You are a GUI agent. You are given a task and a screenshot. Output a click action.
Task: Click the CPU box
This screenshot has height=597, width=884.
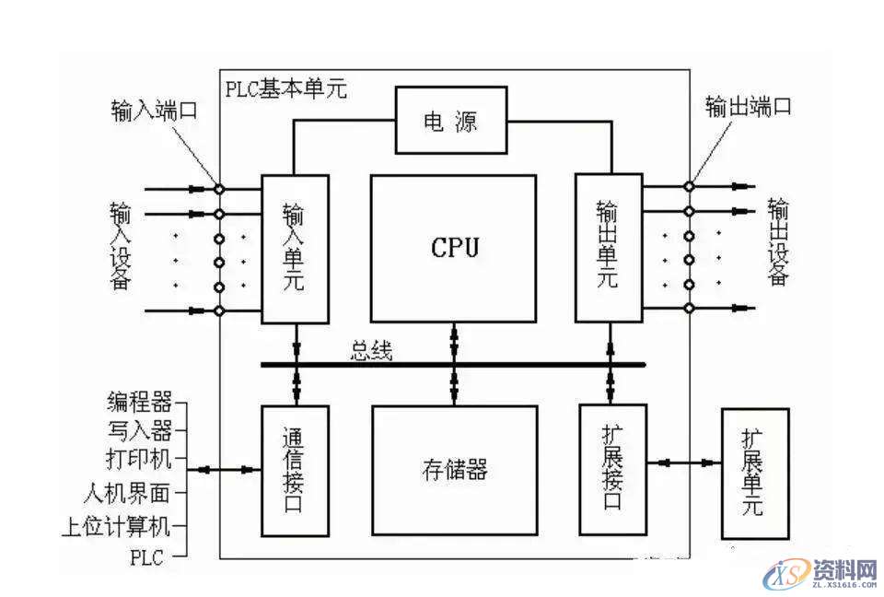(x=453, y=248)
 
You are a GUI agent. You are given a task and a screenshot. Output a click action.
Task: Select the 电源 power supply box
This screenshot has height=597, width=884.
(x=451, y=121)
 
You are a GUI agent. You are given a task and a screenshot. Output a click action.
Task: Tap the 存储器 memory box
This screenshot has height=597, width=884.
(x=453, y=470)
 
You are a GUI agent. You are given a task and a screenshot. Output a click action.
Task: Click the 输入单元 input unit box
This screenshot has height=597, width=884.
(x=295, y=248)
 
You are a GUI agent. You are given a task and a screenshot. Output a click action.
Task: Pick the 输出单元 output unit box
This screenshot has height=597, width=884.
(x=608, y=248)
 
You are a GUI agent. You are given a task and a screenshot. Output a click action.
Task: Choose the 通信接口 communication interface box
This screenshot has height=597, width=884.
(x=295, y=470)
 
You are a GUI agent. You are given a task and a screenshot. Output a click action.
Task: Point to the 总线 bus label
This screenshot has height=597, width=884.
(x=371, y=351)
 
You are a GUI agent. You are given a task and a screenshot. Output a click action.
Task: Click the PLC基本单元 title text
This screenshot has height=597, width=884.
(x=285, y=89)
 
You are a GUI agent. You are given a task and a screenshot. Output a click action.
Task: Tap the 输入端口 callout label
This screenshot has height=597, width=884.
(x=151, y=111)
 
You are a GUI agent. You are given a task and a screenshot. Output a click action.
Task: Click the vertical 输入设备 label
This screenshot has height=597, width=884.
(x=120, y=248)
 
